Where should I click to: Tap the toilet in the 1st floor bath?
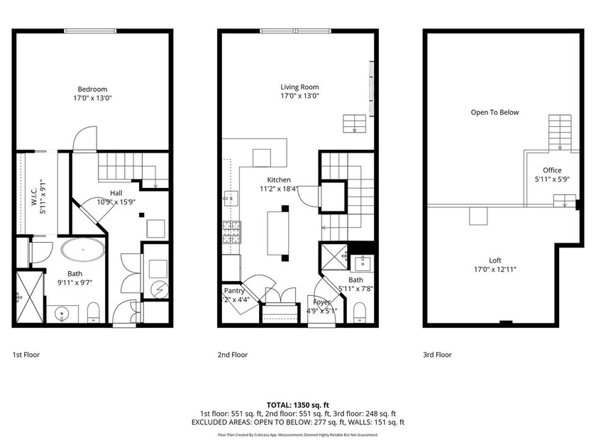[93, 312]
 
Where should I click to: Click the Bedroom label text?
[93, 89]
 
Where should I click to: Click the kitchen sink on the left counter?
[229, 197]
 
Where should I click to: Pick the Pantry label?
[235, 291]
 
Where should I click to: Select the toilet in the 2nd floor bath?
[359, 311]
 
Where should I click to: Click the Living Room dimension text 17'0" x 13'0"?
[299, 96]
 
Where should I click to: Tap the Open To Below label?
[495, 112]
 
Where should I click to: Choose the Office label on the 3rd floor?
[552, 170]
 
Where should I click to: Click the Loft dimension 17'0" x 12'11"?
[495, 269]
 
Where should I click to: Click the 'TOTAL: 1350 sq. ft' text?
[298, 405]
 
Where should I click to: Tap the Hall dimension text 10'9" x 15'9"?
[116, 202]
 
